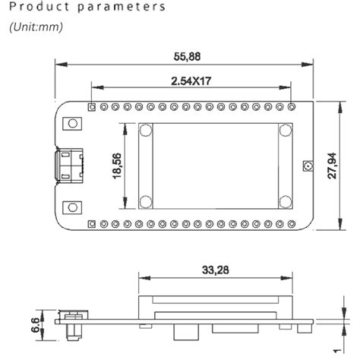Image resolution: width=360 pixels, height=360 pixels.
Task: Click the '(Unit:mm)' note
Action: [36, 27]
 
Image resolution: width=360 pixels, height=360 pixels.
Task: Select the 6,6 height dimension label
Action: [33, 324]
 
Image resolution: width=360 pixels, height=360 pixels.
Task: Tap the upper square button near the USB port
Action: [73, 123]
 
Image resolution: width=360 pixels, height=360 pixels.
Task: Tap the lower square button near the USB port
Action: [73, 207]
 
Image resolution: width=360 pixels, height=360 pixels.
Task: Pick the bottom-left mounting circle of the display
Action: [145, 201]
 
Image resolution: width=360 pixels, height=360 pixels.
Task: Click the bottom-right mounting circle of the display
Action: [285, 201]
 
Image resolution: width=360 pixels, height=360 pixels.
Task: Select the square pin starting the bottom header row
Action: [92, 223]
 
